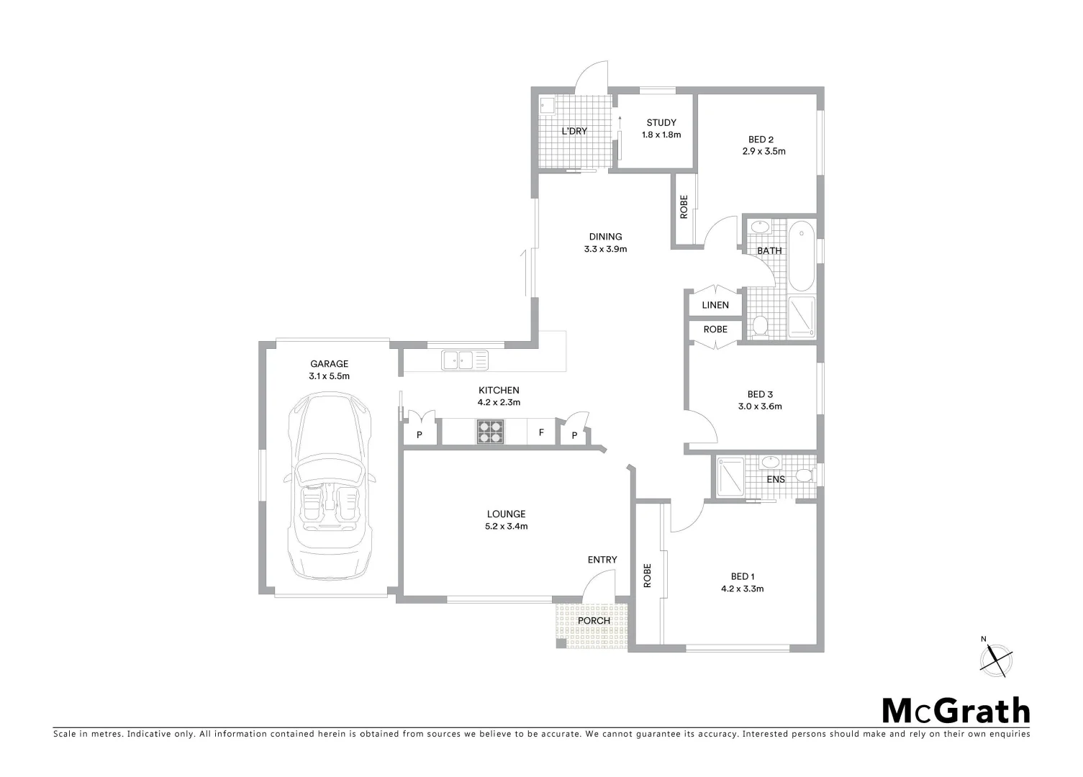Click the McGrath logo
pyautogui.click(x=956, y=711)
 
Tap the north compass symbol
pyautogui.click(x=997, y=658)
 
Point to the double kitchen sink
pyautogui.click(x=464, y=359)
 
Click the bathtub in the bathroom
pyautogui.click(x=801, y=256)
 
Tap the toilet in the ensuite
pyautogui.click(x=805, y=475)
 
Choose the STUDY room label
pyautogui.click(x=661, y=123)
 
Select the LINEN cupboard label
pyautogui.click(x=715, y=305)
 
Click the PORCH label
pyautogui.click(x=594, y=620)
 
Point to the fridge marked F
pyautogui.click(x=540, y=433)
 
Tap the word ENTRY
pyautogui.click(x=602, y=560)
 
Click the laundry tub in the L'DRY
pyautogui.click(x=547, y=106)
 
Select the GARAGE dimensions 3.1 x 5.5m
pyautogui.click(x=329, y=376)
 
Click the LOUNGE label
pyautogui.click(x=506, y=514)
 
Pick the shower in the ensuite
pyautogui.click(x=728, y=476)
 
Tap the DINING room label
pyautogui.click(x=605, y=237)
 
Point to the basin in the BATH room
pyautogui.click(x=758, y=227)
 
